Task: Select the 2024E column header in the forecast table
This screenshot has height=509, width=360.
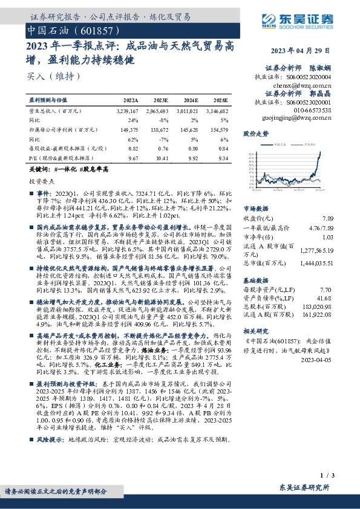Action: point(190,99)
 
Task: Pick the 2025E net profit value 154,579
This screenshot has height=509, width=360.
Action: point(217,129)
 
